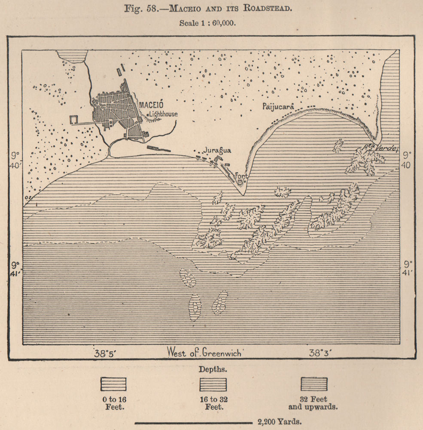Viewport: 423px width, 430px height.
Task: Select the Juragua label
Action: click(217, 150)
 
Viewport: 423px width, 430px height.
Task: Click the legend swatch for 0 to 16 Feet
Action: click(113, 384)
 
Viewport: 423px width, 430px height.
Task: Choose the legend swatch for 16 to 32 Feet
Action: click(213, 384)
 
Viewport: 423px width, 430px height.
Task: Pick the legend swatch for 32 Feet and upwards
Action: click(314, 384)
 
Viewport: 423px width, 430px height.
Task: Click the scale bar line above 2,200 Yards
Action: click(193, 422)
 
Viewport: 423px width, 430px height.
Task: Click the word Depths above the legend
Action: click(213, 369)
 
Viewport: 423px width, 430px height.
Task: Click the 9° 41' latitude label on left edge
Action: click(16, 268)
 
